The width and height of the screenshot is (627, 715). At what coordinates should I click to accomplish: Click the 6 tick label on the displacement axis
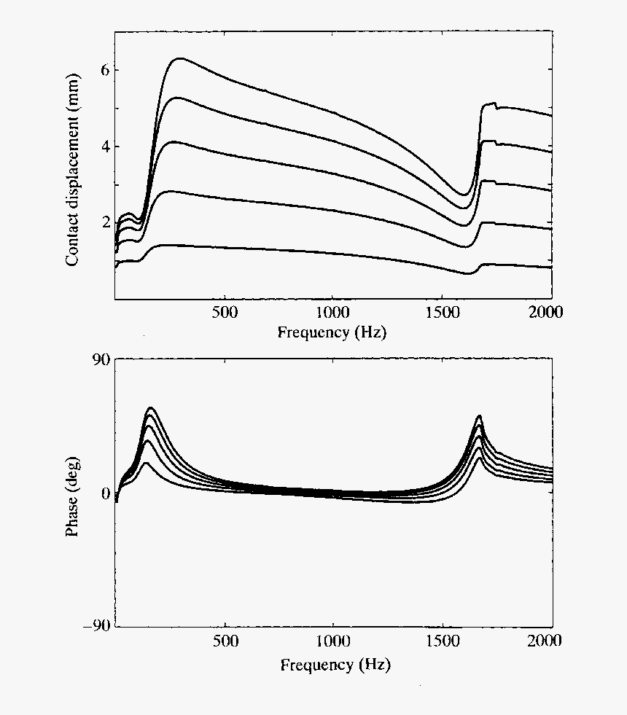(105, 70)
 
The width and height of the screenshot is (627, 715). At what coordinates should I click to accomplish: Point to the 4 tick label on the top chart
(105, 146)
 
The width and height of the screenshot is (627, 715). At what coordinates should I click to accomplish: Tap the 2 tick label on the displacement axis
(105, 222)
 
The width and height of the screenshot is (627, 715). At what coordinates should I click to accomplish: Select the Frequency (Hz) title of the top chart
(332, 332)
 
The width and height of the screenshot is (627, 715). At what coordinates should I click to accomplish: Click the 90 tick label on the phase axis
(100, 359)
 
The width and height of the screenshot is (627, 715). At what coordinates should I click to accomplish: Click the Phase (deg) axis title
(73, 493)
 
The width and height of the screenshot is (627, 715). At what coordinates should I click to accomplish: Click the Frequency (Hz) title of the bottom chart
(335, 664)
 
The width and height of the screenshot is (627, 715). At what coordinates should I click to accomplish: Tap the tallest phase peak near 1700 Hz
(479, 416)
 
